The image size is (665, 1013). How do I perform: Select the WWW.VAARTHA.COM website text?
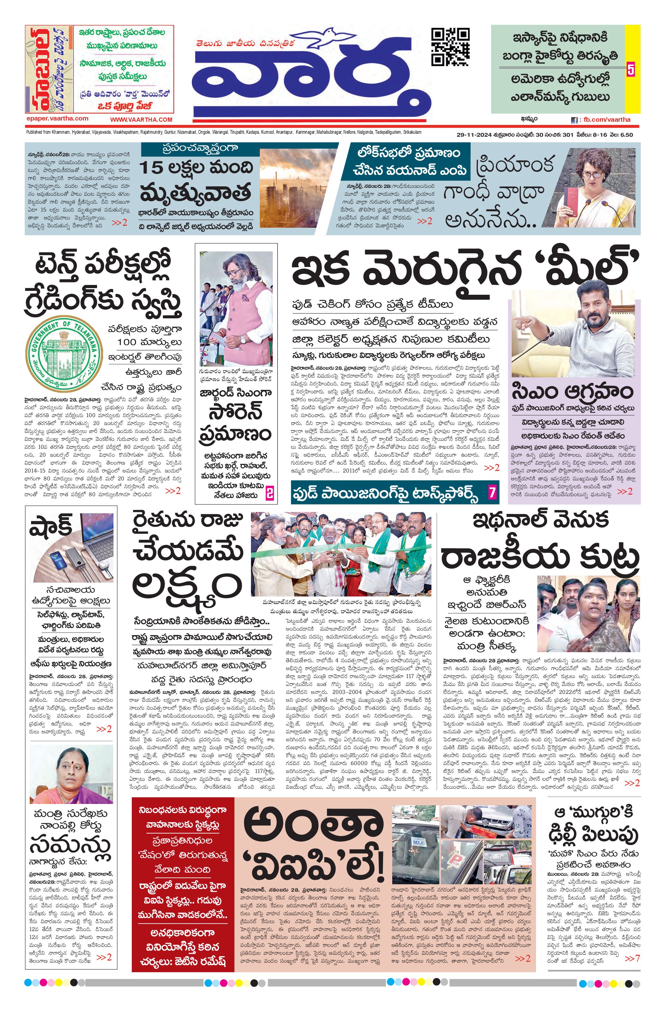pos(141,120)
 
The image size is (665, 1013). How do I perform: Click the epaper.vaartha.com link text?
pos(57,119)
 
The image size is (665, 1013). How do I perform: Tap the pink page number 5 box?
pos(630,69)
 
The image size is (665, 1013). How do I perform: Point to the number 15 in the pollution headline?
pos(152,168)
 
